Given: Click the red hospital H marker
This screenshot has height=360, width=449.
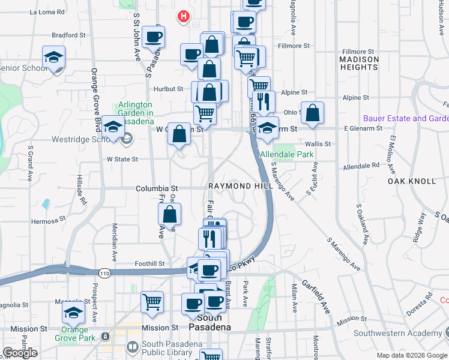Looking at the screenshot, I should click(x=184, y=17).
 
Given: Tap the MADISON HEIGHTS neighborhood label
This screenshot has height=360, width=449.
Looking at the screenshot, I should click(x=359, y=64).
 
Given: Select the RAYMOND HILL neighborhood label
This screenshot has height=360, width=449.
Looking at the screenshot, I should click(x=241, y=186).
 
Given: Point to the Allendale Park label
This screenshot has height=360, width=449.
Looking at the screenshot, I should click(x=288, y=154).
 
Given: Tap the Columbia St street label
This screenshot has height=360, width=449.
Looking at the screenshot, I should click(x=157, y=188).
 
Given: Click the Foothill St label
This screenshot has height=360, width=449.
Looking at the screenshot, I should click(x=149, y=263).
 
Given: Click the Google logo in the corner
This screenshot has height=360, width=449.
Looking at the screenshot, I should click(x=20, y=353).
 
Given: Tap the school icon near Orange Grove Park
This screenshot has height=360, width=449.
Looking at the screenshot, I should click(x=74, y=313).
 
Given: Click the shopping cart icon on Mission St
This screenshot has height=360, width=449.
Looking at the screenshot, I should click(x=152, y=301).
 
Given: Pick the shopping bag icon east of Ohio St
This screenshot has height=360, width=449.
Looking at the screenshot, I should click(x=313, y=113).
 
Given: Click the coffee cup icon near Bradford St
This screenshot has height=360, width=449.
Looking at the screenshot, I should click(x=154, y=37).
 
